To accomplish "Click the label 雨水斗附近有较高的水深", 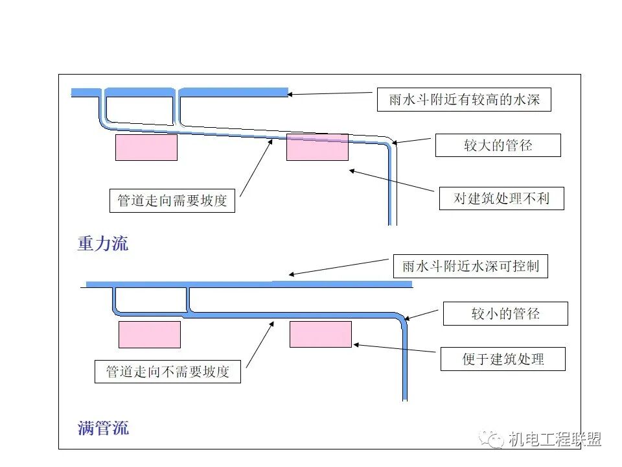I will click(464, 100).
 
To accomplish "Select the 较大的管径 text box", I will click(498, 145).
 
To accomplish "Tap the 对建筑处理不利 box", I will click(501, 198).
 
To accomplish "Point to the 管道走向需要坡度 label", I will click(172, 200).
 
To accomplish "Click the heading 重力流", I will click(103, 243).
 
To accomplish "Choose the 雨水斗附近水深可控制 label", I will click(470, 266).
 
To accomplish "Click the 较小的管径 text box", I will click(505, 314).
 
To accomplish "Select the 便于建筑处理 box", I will click(503, 359).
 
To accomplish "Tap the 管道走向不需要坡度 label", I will click(167, 372).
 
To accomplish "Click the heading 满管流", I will click(103, 428).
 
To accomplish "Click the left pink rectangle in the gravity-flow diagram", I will click(146, 147).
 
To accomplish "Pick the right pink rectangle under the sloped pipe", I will click(317, 147).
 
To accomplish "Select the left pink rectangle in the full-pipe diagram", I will click(149, 335).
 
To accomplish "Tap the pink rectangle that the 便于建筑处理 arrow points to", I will click(320, 334).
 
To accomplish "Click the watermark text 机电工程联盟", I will click(555, 439).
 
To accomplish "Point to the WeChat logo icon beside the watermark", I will click(493, 439).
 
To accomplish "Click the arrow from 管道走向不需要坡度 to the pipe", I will click(259, 343).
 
